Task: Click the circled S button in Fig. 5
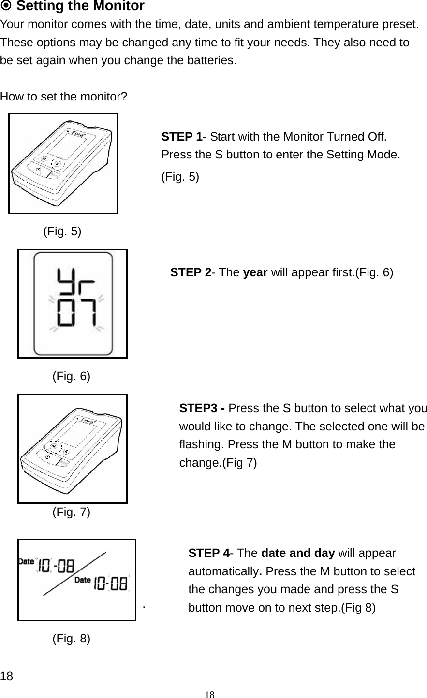57,164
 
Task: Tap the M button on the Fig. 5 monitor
44,159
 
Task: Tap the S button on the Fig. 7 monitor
67,451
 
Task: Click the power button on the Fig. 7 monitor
47,457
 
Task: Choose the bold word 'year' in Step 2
256,272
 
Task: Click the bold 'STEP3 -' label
202,408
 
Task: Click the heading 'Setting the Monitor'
80,6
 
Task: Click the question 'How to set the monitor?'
64,96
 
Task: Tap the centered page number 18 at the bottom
209,695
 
